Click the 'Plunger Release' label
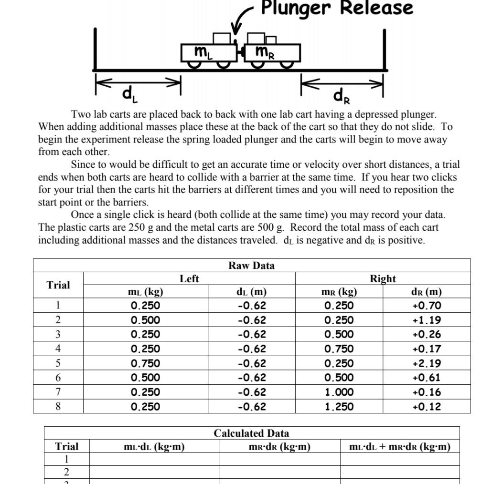pyautogui.click(x=337, y=8)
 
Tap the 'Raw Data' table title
pyautogui.click(x=251, y=266)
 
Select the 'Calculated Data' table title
pyautogui.click(x=251, y=433)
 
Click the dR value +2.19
pyautogui.click(x=427, y=363)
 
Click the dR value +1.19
pyautogui.click(x=427, y=320)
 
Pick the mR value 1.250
pyautogui.click(x=339, y=407)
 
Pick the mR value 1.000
pyautogui.click(x=339, y=392)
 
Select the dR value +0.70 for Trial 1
pyautogui.click(x=427, y=306)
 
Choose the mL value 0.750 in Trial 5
pyautogui.click(x=145, y=363)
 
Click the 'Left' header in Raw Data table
pyautogui.click(x=189, y=278)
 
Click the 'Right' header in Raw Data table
pyautogui.click(x=383, y=278)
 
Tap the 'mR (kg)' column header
pyautogui.click(x=339, y=292)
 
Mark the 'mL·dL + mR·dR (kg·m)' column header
pyautogui.click(x=400, y=447)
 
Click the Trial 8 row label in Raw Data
pyautogui.click(x=58, y=407)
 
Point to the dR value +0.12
pyautogui.click(x=427, y=407)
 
